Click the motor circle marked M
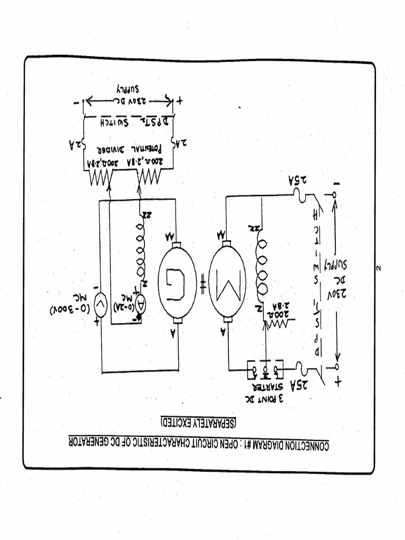point(227,281)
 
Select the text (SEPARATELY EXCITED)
point(199,422)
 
